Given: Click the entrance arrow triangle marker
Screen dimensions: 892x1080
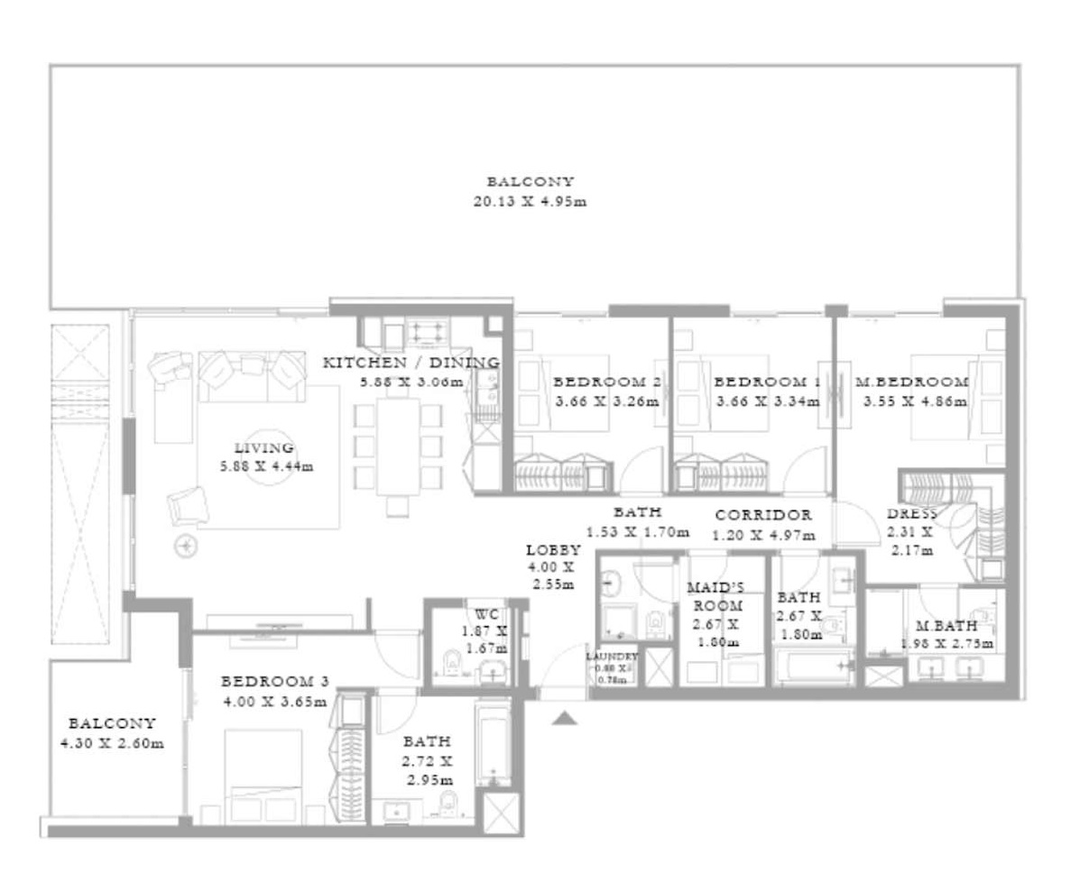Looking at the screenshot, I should pyautogui.click(x=565, y=718).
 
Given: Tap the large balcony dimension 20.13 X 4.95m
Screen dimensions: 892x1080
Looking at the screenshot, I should pyautogui.click(x=530, y=201).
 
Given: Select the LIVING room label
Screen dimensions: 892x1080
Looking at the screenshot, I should pyautogui.click(x=263, y=447).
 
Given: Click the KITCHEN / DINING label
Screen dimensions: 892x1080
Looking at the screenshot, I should pyautogui.click(x=411, y=363).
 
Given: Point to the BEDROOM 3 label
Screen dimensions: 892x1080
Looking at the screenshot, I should pyautogui.click(x=272, y=681).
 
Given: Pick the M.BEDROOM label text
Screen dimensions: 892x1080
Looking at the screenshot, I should pyautogui.click(x=912, y=382).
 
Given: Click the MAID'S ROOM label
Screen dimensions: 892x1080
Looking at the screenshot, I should pyautogui.click(x=714, y=595).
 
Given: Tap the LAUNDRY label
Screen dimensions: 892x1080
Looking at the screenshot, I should pyautogui.click(x=611, y=657).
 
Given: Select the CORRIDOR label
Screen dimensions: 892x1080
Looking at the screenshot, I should pyautogui.click(x=762, y=515).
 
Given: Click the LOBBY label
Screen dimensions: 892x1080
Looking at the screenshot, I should pyautogui.click(x=553, y=549).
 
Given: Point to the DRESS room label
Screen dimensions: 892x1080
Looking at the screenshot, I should pyautogui.click(x=911, y=514).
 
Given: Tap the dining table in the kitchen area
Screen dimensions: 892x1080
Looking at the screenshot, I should pyautogui.click(x=399, y=446).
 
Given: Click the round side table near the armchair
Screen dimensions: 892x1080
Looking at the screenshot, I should pyautogui.click(x=187, y=545).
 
